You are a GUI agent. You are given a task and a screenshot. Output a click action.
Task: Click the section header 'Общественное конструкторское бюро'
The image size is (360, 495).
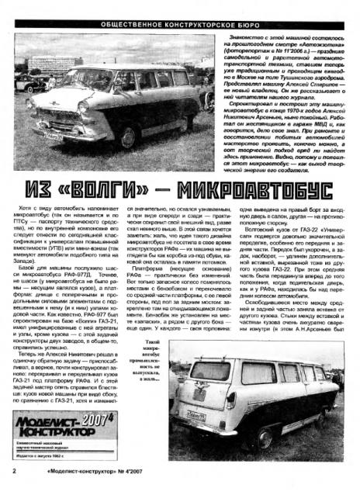(x=180, y=13)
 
